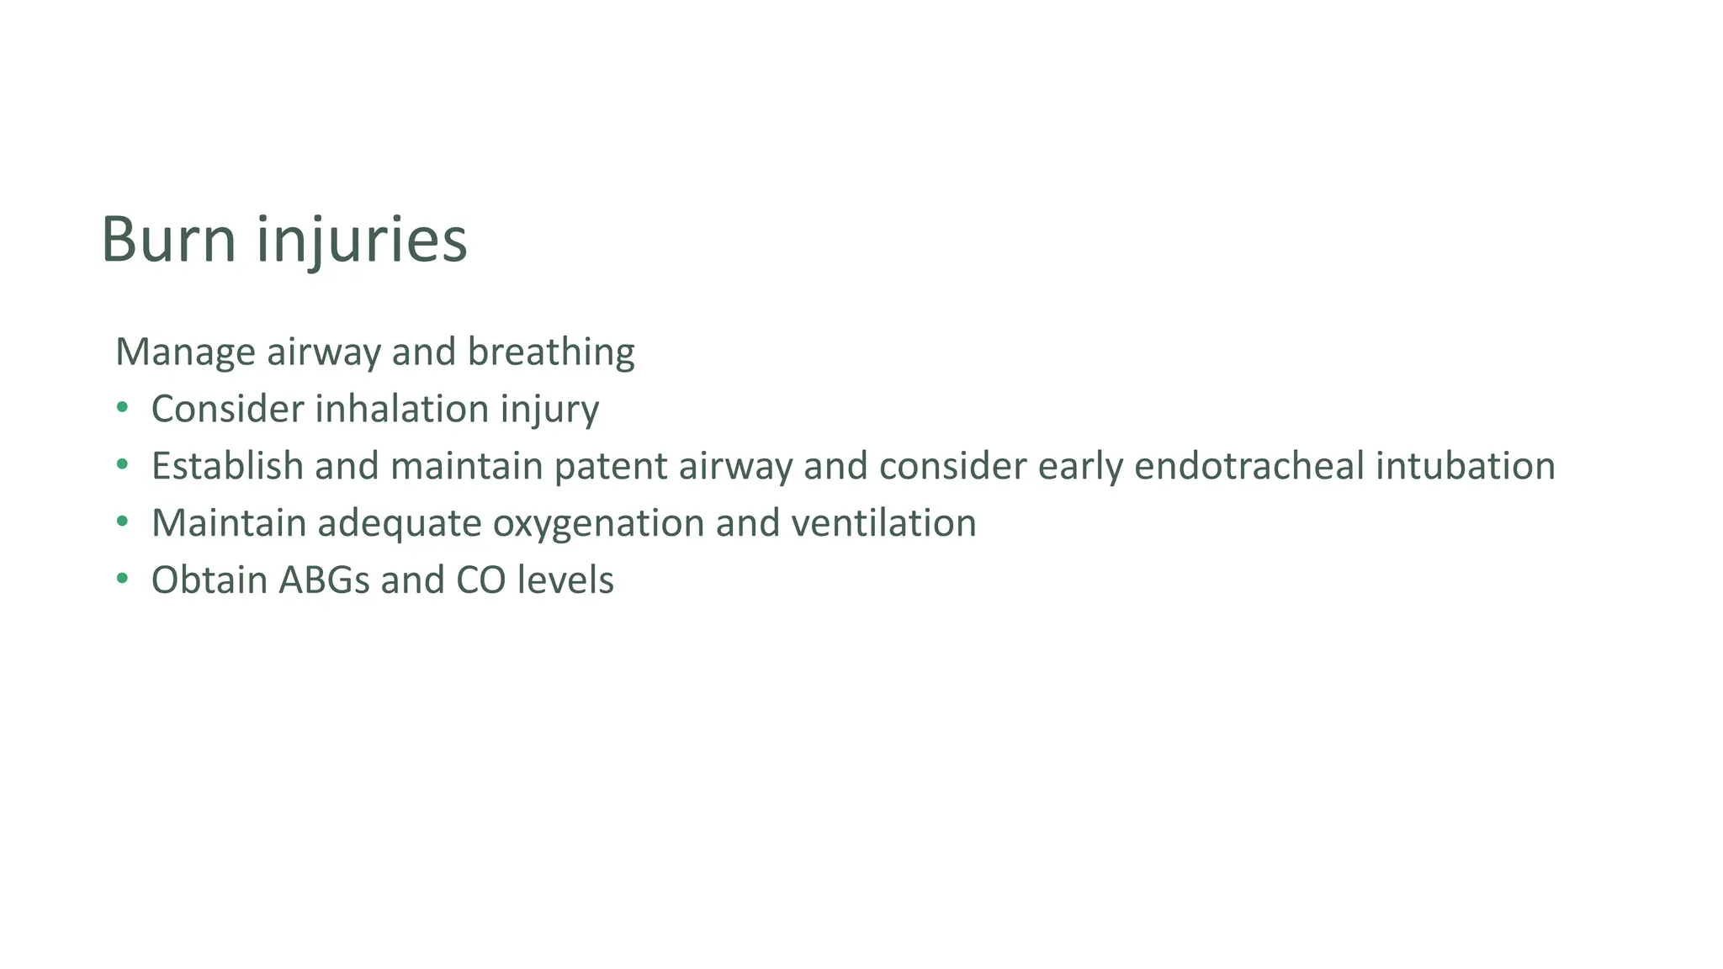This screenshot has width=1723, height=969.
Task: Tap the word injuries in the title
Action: coord(362,241)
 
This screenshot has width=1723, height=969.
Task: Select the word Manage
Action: coord(185,352)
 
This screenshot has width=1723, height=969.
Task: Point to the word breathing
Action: coord(551,352)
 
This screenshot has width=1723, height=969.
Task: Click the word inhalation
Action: coord(402,409)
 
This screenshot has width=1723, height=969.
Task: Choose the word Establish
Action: coord(227,466)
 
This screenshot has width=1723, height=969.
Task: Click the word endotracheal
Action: coord(1249,466)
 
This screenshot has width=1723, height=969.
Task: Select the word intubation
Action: coord(1465,466)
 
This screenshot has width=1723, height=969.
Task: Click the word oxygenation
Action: coord(598,524)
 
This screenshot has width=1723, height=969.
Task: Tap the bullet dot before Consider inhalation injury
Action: coord(123,408)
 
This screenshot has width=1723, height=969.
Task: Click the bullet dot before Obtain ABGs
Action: coord(123,579)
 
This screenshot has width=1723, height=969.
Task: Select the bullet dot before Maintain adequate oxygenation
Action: coord(123,522)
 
